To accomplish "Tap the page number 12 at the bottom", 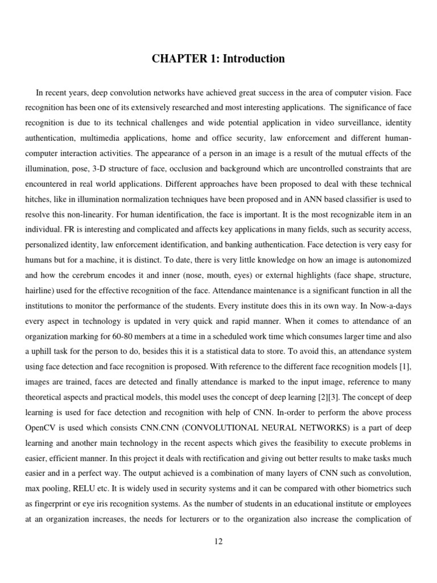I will click(218, 541).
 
